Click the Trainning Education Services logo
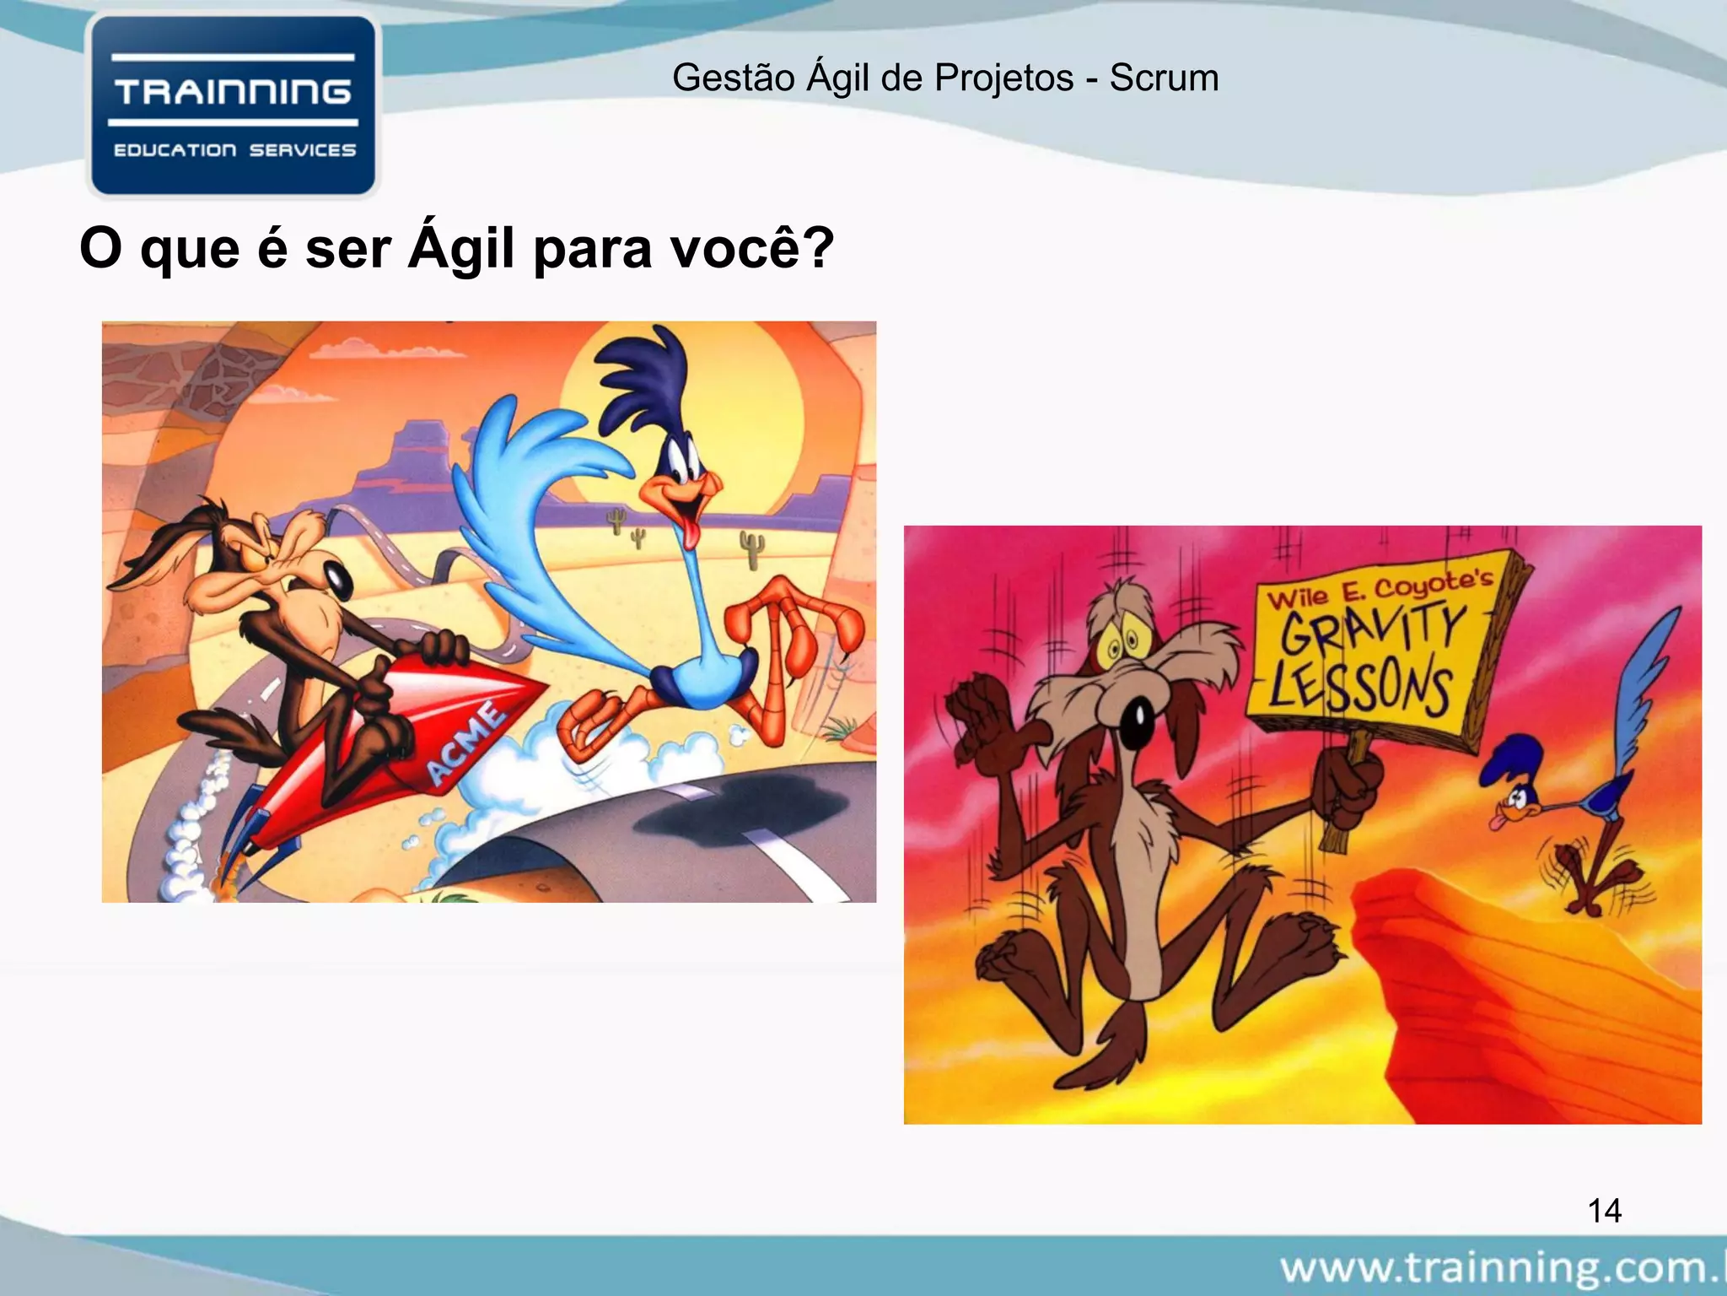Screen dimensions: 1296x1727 (x=234, y=106)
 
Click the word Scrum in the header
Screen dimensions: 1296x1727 (x=1164, y=78)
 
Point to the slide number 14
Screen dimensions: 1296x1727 (x=1604, y=1211)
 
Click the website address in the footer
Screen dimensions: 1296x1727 (x=1501, y=1268)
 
